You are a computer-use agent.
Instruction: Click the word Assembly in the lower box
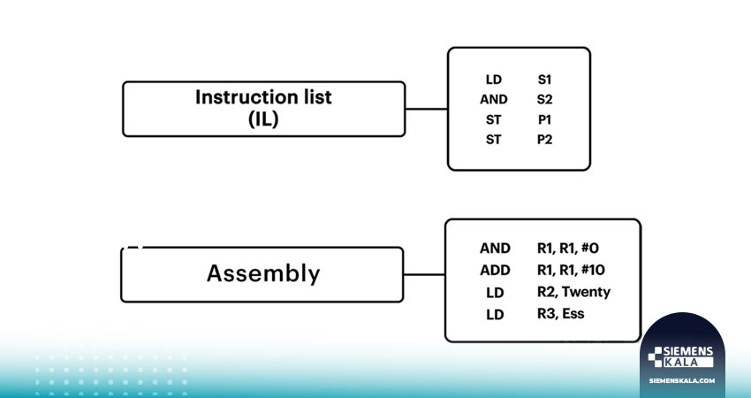coord(263,274)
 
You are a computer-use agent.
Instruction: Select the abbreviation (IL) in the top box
coord(263,119)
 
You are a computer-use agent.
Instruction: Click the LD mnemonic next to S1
coord(493,80)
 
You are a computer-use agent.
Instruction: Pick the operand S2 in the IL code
coord(544,99)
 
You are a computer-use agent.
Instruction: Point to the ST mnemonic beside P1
coord(493,119)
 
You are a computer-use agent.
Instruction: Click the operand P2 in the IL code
coord(544,140)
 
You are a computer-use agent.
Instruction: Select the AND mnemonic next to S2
coord(493,99)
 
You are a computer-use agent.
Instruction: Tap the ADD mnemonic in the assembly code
coord(495,271)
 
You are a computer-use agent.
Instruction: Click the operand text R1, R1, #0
coord(567,249)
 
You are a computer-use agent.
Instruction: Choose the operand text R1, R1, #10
coord(571,270)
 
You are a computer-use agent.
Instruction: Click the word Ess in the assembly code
coord(573,314)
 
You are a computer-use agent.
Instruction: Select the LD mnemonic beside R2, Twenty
coord(495,293)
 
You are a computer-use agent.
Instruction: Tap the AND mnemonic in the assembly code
coord(495,249)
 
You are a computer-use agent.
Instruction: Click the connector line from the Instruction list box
coord(426,109)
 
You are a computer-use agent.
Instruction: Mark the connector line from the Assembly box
coord(424,275)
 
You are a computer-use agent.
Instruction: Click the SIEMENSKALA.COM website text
coord(682,380)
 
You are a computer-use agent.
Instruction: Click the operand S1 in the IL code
coord(544,80)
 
